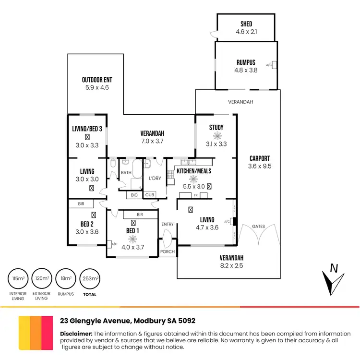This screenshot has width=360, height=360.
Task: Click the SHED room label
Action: point(246,24)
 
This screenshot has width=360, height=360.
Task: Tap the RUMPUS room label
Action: point(246,62)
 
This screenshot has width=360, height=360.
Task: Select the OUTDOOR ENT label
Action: point(97,80)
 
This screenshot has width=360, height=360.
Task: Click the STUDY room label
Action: point(216,127)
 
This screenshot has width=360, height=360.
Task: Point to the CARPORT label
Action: point(260,158)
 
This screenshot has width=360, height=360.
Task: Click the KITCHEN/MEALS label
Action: point(194,171)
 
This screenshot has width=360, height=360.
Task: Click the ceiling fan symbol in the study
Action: point(216,136)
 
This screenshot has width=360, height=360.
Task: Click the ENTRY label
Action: point(168,224)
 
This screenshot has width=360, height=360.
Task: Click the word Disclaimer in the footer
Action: point(76,334)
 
